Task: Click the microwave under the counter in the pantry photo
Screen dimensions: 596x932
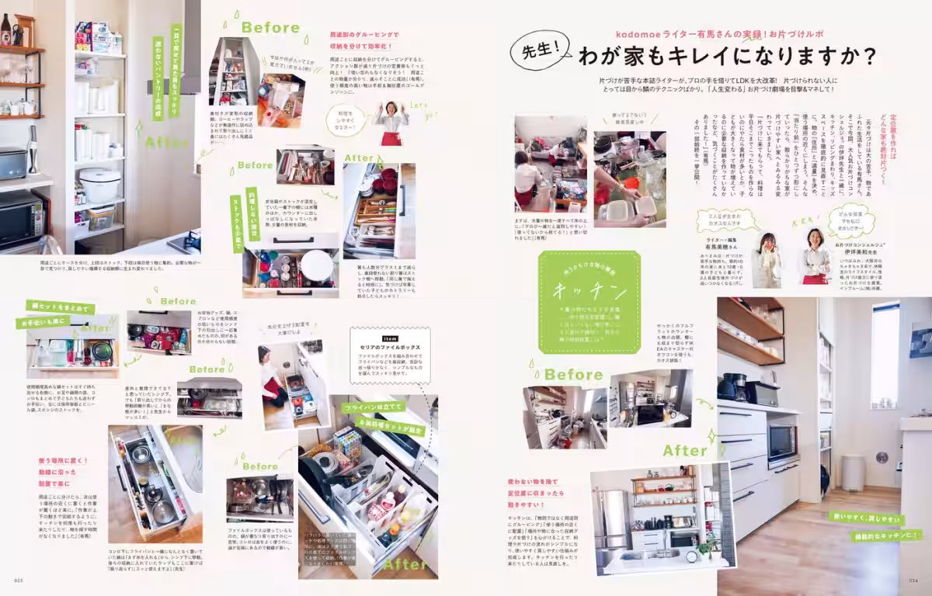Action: tap(19, 218)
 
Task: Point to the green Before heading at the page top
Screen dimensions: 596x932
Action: tap(270, 28)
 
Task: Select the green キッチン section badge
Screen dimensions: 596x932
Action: tap(590, 302)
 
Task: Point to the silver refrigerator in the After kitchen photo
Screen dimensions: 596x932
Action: tap(610, 519)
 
